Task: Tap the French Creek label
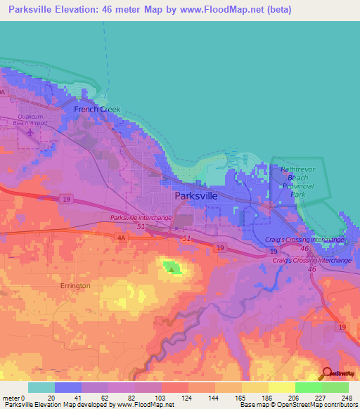98,110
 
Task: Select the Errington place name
75,286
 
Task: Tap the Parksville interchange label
141,218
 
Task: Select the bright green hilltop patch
171,267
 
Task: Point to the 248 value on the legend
347,397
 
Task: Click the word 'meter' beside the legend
12,397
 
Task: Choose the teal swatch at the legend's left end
41,387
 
